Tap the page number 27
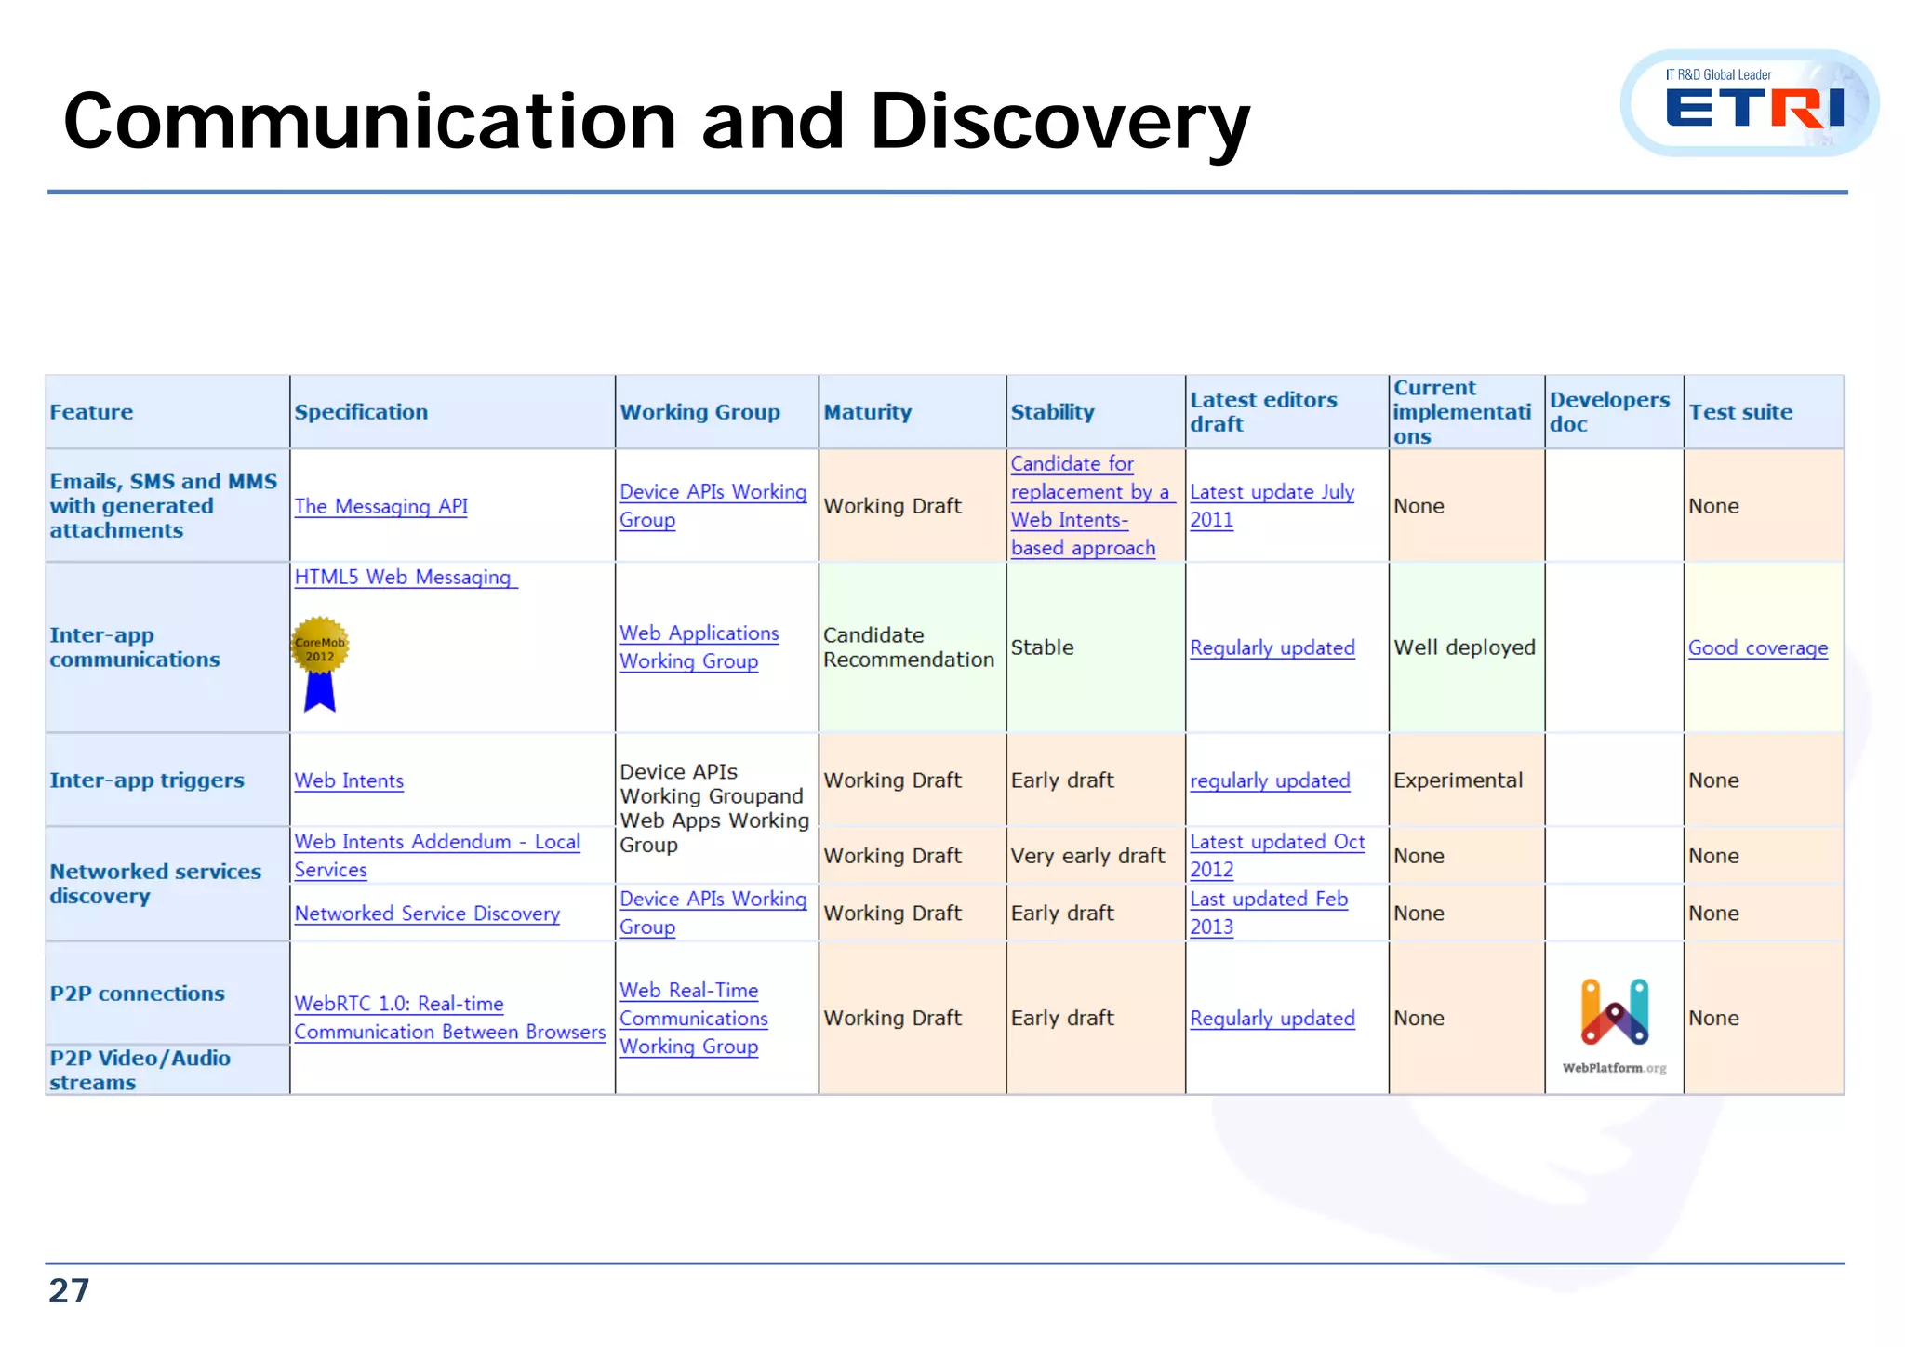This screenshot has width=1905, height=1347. coord(69,1290)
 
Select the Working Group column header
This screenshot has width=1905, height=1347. coord(699,412)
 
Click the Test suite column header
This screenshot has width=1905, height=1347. coord(1739,412)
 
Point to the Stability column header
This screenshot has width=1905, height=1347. coord(1052,412)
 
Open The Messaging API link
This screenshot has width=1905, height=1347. coord(380,506)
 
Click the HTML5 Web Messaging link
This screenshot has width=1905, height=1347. coord(403,577)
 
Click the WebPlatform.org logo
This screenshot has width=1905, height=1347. coord(1614,1024)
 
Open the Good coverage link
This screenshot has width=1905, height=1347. coord(1757,647)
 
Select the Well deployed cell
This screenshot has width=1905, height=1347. coord(1464,647)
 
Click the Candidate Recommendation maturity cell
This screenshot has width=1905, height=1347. coord(908,647)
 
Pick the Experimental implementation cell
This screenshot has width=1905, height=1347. coord(1458,780)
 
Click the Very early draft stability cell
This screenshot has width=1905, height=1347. coord(1087,856)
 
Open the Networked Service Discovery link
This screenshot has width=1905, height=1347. coord(427,914)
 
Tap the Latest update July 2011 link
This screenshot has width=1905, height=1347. coord(1272,505)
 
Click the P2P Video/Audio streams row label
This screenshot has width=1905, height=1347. coord(140,1070)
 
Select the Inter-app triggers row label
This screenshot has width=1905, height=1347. coord(147,780)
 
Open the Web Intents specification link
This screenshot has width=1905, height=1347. coord(349,780)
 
